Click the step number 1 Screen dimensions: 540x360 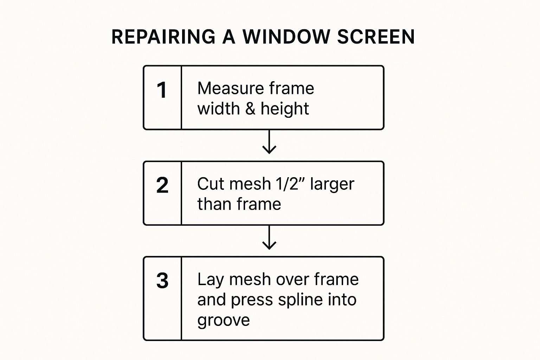point(162,90)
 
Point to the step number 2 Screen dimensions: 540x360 point(162,185)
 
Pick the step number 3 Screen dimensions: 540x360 point(162,281)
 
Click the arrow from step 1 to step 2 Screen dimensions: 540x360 point(269,142)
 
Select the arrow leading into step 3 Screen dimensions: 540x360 point(269,237)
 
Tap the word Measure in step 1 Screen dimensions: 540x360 point(231,88)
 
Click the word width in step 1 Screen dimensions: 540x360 point(219,109)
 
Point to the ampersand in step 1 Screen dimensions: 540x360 point(250,109)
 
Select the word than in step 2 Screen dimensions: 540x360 point(214,204)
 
